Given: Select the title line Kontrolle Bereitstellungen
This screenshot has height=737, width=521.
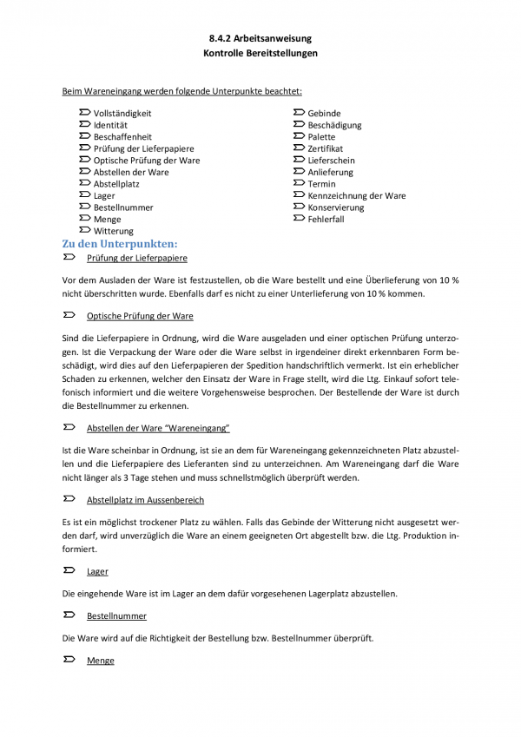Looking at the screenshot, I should click(260, 53).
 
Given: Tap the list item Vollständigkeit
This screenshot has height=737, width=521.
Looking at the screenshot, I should click(122, 114).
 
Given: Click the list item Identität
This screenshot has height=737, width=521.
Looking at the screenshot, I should click(111, 125).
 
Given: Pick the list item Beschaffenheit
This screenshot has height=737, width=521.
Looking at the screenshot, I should click(122, 137).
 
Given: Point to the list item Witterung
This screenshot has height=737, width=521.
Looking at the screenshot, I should click(114, 232).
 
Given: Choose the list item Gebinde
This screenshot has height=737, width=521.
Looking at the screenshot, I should click(324, 114).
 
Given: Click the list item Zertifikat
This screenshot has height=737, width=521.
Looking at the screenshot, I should click(326, 149).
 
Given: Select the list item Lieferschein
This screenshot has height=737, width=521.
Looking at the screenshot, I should click(331, 161).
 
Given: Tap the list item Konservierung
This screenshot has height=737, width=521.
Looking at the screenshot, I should click(336, 208).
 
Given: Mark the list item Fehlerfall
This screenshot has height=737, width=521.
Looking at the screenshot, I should click(326, 220).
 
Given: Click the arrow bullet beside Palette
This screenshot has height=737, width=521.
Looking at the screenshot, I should click(300, 137).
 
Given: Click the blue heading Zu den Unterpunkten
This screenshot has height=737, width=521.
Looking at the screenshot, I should click(120, 244).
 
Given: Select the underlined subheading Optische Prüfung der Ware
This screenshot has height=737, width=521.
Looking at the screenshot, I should click(140, 316).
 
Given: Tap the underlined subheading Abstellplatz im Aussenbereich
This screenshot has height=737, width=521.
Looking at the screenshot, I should click(145, 501).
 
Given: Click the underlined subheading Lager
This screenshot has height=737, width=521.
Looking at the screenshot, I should click(97, 571).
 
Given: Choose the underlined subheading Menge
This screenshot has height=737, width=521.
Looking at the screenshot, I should click(101, 661).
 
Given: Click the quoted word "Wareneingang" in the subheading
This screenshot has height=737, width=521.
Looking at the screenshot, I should click(201, 429).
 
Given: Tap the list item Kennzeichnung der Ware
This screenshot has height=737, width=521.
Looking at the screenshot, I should click(356, 196).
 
